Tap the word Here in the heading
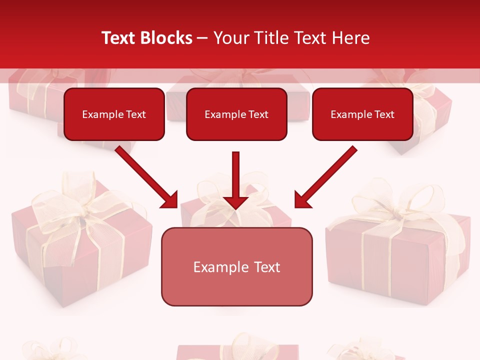352,38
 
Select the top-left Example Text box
114,114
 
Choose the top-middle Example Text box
236,114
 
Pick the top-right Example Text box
362,114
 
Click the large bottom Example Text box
236,266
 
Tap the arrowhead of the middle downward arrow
236,202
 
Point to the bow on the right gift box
400,205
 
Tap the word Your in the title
230,38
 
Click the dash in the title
202,38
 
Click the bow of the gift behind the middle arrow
220,200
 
